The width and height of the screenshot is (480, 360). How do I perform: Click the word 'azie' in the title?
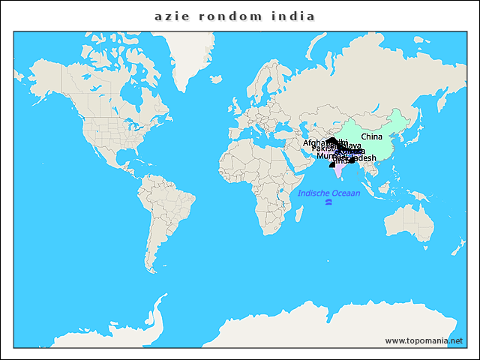click(x=169, y=16)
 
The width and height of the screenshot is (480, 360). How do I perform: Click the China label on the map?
click(x=371, y=136)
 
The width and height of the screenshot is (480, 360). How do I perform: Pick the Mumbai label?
click(x=328, y=156)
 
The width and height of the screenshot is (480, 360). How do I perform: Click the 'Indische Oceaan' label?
click(x=328, y=193)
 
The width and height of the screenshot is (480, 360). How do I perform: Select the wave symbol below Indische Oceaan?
click(x=328, y=202)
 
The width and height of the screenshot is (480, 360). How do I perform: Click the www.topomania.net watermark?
click(x=424, y=340)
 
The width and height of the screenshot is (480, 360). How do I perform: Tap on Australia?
click(x=409, y=225)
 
